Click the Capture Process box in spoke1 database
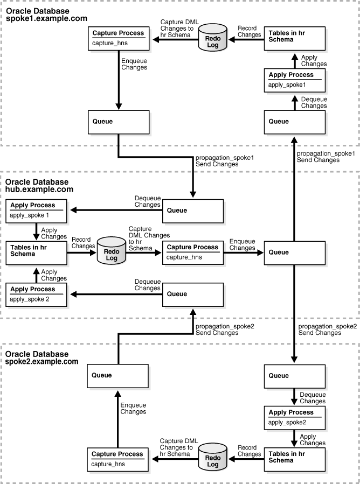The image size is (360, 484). pyautogui.click(x=117, y=38)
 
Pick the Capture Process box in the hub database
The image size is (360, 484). pyautogui.click(x=192, y=251)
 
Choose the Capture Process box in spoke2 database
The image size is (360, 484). pyautogui.click(x=117, y=458)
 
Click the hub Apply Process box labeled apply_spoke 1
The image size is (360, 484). pyautogui.click(x=37, y=210)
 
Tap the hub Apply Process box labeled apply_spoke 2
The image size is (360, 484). pyautogui.click(x=37, y=294)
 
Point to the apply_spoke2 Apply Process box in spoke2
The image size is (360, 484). pyautogui.click(x=294, y=418)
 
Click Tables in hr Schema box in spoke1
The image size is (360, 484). pyautogui.click(x=294, y=38)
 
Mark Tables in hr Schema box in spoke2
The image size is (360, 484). pyautogui.click(x=294, y=458)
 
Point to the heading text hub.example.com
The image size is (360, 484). pyautogui.click(x=39, y=190)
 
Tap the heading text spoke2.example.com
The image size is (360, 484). pyautogui.click(x=46, y=362)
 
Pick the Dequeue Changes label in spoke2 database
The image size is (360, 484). pyautogui.click(x=313, y=398)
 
